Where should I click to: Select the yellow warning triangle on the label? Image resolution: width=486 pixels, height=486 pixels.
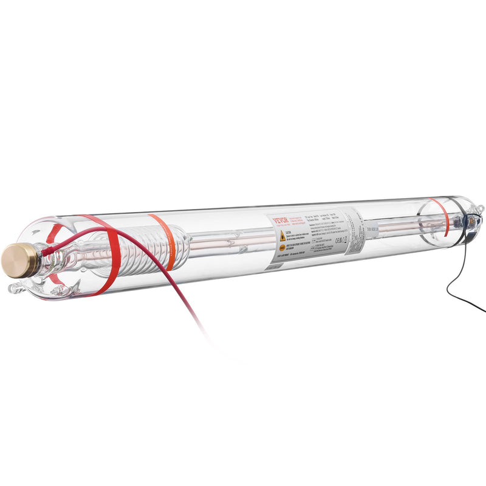click(x=282, y=236)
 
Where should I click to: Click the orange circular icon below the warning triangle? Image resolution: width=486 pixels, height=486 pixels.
click(x=282, y=248)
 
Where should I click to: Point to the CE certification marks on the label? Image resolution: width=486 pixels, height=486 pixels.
click(x=341, y=241)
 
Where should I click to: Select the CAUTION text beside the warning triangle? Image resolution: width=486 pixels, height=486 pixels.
click(x=288, y=232)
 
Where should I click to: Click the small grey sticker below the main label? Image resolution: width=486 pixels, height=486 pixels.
click(x=275, y=267)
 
